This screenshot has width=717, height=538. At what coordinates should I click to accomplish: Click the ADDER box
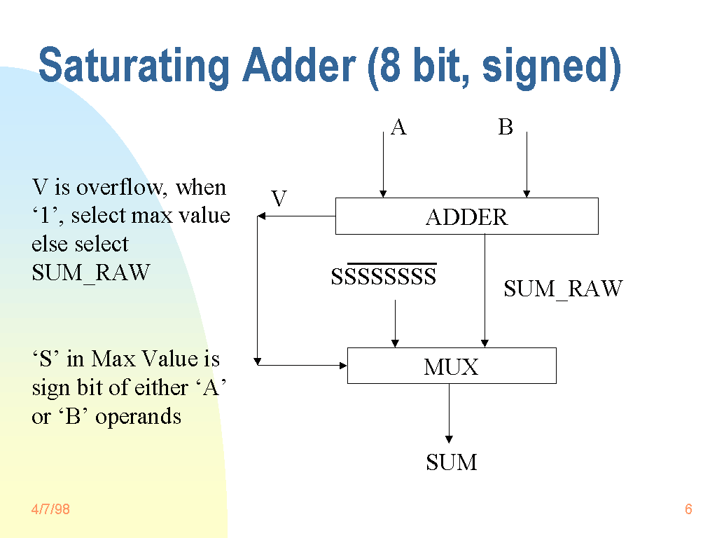tap(466, 216)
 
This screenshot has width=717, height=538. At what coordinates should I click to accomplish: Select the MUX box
tap(452, 366)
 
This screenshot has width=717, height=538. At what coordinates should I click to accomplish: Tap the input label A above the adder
tap(398, 127)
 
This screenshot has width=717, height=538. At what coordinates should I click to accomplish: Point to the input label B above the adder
tap(506, 127)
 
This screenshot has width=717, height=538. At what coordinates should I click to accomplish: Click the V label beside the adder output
tap(279, 200)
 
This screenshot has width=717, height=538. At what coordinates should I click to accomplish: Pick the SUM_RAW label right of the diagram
tap(563, 289)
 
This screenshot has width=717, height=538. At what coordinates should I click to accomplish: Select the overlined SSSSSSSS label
tap(384, 277)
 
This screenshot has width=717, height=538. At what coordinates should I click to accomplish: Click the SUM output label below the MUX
tap(452, 462)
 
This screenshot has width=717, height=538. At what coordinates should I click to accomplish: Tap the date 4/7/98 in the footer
tap(50, 509)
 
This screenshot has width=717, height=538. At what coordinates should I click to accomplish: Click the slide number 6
tap(688, 509)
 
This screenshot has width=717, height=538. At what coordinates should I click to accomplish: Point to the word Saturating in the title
tap(134, 67)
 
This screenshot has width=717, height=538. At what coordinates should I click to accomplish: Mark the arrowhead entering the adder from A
tap(383, 193)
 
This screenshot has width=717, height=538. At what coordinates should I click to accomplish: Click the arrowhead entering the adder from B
tap(527, 193)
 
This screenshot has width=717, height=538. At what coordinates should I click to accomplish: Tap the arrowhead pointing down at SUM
tap(449, 439)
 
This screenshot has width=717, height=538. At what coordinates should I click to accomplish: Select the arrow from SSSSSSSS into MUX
tap(395, 322)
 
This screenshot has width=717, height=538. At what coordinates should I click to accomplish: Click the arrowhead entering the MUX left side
tap(343, 365)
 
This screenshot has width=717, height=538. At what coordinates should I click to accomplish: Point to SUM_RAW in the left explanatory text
tap(91, 273)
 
